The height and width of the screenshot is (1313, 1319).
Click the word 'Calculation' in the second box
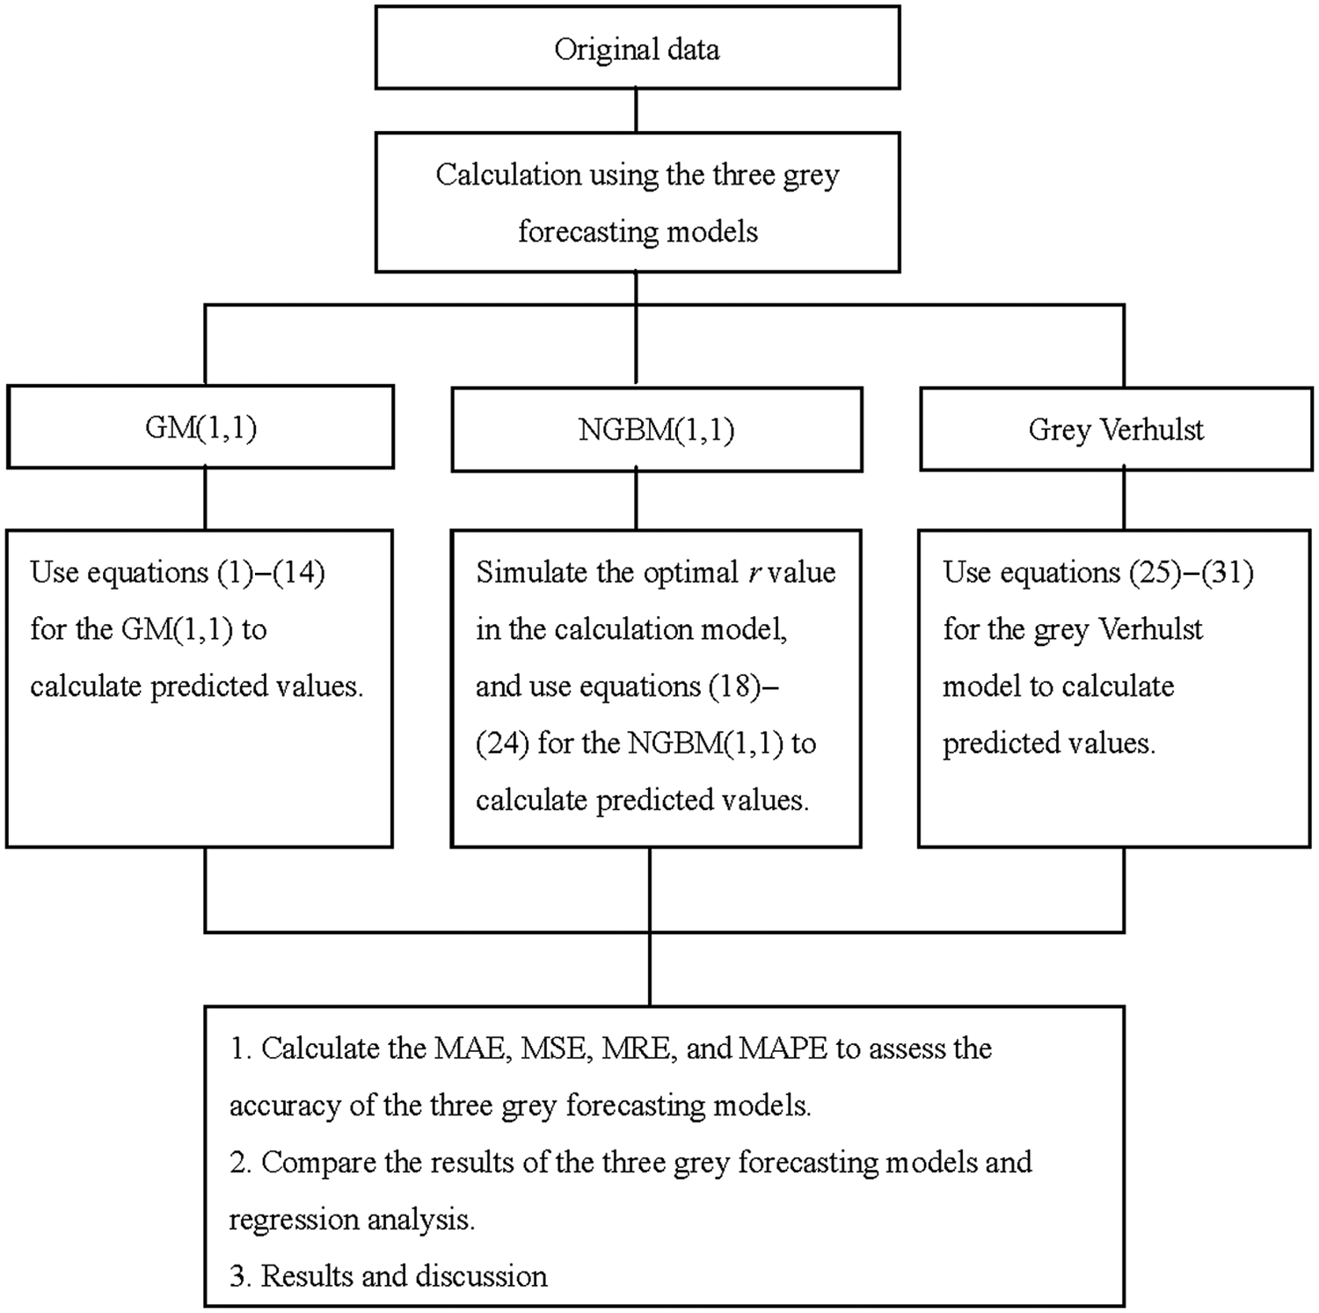pos(508,175)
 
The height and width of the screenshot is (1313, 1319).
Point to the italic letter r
pos(754,574)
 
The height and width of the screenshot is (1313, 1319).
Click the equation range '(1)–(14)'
pos(271,573)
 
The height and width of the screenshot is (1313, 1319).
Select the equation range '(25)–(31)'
pos(1187,573)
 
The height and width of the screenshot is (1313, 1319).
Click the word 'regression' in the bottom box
pos(294,1221)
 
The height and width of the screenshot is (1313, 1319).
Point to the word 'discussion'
pos(481,1276)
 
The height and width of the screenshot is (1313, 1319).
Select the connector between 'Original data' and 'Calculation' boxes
pos(636,111)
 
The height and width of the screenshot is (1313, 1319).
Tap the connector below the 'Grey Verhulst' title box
pos(1124,499)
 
